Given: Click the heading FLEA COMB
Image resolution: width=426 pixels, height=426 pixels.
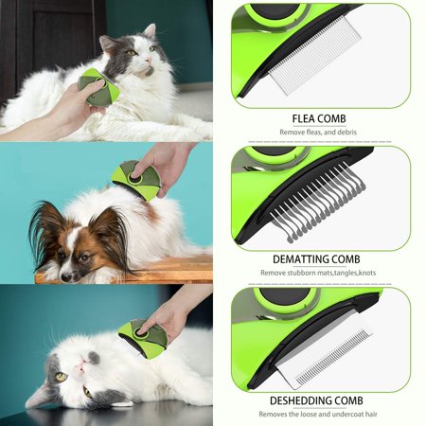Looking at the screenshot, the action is tap(319, 119).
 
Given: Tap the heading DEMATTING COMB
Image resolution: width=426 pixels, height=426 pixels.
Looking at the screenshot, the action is tap(316, 259).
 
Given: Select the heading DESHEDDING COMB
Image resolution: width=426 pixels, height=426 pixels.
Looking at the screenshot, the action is tap(316, 400).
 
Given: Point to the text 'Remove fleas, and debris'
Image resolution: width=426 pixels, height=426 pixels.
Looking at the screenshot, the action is tap(318, 133).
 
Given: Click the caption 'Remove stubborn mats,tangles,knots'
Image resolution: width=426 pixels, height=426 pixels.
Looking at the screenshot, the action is tap(318, 273).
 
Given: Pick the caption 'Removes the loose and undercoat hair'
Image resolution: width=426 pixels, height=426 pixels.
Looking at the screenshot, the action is tap(318, 414).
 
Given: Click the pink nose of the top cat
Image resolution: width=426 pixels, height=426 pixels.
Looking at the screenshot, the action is tap(148, 60).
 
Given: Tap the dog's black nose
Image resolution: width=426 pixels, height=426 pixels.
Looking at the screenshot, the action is tap(66, 277).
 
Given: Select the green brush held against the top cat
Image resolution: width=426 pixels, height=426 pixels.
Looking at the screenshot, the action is tap(98, 87).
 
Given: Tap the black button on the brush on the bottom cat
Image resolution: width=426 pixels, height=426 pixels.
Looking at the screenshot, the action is tap(139, 332).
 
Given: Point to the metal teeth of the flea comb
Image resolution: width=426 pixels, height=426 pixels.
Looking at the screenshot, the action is tap(314, 54).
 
